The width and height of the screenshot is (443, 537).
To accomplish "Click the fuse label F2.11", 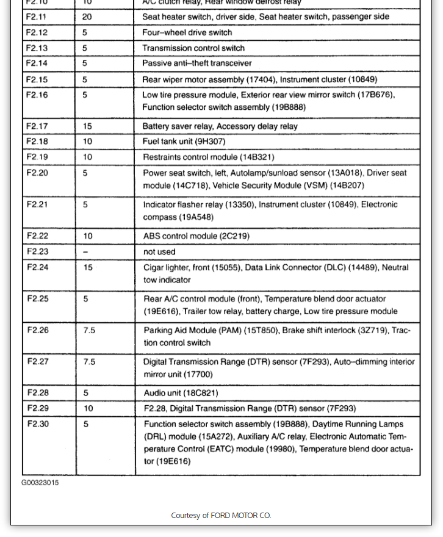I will pos(36,16).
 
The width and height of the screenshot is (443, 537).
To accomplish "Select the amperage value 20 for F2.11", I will pos(87,16).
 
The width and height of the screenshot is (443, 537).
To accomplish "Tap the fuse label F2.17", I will pos(37,126).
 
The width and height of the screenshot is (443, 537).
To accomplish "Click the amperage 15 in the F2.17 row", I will pos(87,126).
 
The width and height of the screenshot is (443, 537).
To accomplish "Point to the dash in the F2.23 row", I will pos(85,251).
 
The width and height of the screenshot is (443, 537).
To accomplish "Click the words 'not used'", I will pos(159,251).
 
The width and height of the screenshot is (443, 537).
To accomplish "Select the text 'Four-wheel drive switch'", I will pos(187,32).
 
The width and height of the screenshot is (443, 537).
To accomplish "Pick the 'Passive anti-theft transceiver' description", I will pos(196,63).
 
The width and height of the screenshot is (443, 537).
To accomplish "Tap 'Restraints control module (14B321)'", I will pos(208,157).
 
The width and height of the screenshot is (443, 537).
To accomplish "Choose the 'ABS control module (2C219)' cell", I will pos(196,236).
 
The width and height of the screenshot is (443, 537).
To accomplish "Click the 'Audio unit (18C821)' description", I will pos(181,393).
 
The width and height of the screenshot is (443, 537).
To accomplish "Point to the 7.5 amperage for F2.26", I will pos(89,330).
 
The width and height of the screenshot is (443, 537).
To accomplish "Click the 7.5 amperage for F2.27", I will pos(89,362).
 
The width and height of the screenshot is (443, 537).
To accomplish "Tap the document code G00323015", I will pos(40,483).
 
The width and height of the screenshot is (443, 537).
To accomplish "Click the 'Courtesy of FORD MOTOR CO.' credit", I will pos(221,516).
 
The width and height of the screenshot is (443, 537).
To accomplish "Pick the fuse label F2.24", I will pos(37,267).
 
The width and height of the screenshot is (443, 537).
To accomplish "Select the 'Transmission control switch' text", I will pos(193,48).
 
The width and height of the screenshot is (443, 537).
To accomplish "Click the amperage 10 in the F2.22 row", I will pos(88,236).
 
